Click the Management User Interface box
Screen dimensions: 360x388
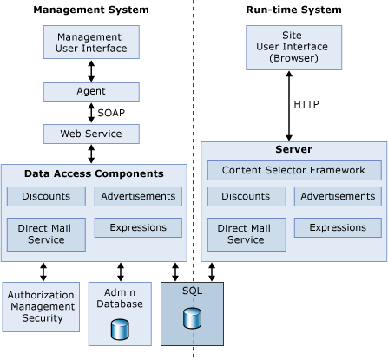pos(91,43)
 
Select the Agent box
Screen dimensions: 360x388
pos(91,90)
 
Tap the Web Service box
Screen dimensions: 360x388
pos(91,134)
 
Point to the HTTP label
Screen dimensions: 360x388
pos(307,103)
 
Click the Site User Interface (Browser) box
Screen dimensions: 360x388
pos(288,46)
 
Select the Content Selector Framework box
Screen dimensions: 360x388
pos(293,170)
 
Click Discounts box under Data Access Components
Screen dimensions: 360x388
pos(46,196)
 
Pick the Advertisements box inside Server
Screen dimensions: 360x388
pos(338,196)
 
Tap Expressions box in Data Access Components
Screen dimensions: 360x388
pos(138,227)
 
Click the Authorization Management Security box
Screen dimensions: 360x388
pos(40,306)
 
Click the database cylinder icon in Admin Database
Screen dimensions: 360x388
pos(121,331)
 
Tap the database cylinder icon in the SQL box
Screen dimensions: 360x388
pos(192,318)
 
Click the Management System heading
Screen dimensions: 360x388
pos(91,10)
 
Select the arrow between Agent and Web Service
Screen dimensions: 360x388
pos(91,112)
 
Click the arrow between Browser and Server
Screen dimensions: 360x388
pos(288,104)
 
